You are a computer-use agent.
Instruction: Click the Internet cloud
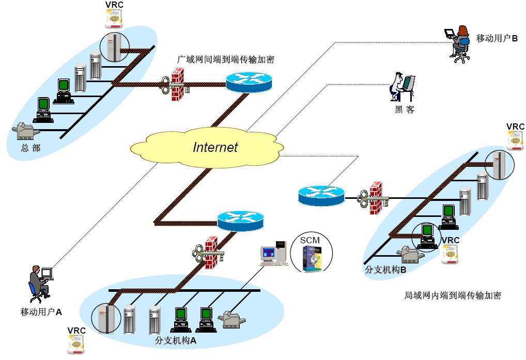tap(207, 147)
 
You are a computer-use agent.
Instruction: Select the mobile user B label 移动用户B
tap(497, 39)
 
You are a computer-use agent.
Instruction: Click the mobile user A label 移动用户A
tap(41, 311)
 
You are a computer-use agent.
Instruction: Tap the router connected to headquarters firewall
tap(248, 82)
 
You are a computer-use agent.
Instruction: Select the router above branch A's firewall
tap(240, 221)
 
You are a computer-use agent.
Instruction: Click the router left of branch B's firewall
tap(321, 195)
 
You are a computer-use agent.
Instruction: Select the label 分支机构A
tap(176, 341)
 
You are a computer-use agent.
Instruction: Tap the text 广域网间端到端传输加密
tap(226, 59)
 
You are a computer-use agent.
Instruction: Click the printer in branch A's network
tap(233, 321)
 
